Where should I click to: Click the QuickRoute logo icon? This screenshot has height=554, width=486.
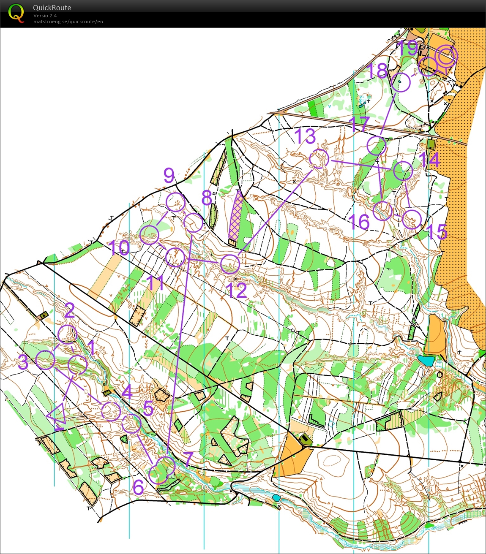pos(16,13)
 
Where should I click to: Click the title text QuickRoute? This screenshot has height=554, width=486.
pos(52,8)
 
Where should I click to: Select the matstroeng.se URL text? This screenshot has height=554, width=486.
pos(68,22)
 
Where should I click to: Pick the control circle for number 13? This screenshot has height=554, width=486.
pos(319,159)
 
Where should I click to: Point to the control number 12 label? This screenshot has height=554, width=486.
pos(238,291)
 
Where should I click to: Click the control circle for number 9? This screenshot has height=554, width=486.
pos(175,202)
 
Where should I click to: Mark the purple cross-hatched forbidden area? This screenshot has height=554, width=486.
pos(236,216)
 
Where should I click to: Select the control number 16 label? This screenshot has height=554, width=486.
pos(360,222)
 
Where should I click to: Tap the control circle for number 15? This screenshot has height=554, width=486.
pos(412,219)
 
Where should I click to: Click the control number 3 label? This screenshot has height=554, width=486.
pos(23,362)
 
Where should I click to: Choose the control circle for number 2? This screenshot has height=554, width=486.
pos(68,334)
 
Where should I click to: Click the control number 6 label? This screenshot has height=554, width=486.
pos(139,487)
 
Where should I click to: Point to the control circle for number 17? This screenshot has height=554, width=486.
pos(376,146)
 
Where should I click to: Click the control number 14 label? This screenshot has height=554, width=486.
pos(430,160)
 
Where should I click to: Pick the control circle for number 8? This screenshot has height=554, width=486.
pos(194,223)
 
